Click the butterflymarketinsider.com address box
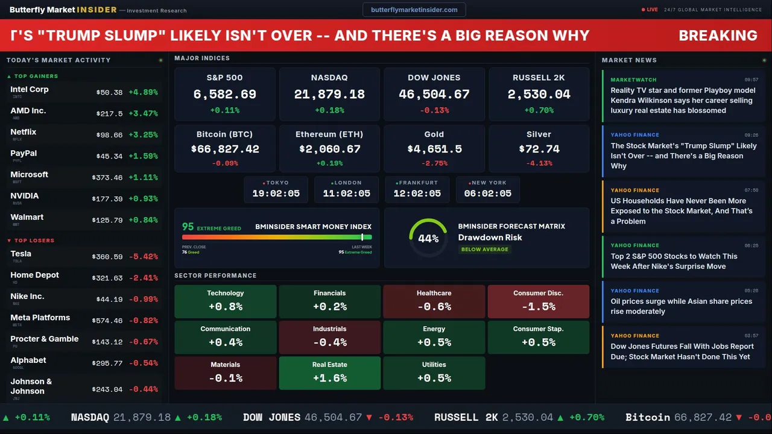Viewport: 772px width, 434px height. pyautogui.click(x=414, y=10)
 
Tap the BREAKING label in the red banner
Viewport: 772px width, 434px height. pyautogui.click(x=718, y=36)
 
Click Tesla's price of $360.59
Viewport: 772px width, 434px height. pyautogui.click(x=107, y=257)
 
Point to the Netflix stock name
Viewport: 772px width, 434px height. pyautogui.click(x=24, y=132)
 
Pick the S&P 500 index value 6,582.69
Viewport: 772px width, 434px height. pyautogui.click(x=224, y=94)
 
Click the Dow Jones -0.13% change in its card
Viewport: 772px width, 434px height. pyautogui.click(x=434, y=110)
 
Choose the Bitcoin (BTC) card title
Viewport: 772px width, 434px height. pyautogui.click(x=224, y=134)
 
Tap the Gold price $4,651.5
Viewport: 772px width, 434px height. pyautogui.click(x=434, y=149)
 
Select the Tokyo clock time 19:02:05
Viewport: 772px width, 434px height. pyautogui.click(x=276, y=193)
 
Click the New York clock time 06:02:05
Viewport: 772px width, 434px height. pyautogui.click(x=487, y=193)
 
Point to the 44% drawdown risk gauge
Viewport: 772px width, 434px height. pyautogui.click(x=428, y=238)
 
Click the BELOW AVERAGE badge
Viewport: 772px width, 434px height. pyautogui.click(x=484, y=249)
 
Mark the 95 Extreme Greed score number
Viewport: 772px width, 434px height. pyautogui.click(x=188, y=227)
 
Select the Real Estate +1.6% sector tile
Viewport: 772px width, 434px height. pyautogui.click(x=329, y=373)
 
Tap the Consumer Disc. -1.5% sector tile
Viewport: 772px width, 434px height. pyautogui.click(x=538, y=301)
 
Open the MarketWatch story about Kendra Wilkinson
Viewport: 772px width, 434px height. pyautogui.click(x=683, y=101)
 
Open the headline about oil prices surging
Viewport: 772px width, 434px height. pyautogui.click(x=681, y=306)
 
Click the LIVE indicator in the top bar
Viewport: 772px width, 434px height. pyautogui.click(x=650, y=10)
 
